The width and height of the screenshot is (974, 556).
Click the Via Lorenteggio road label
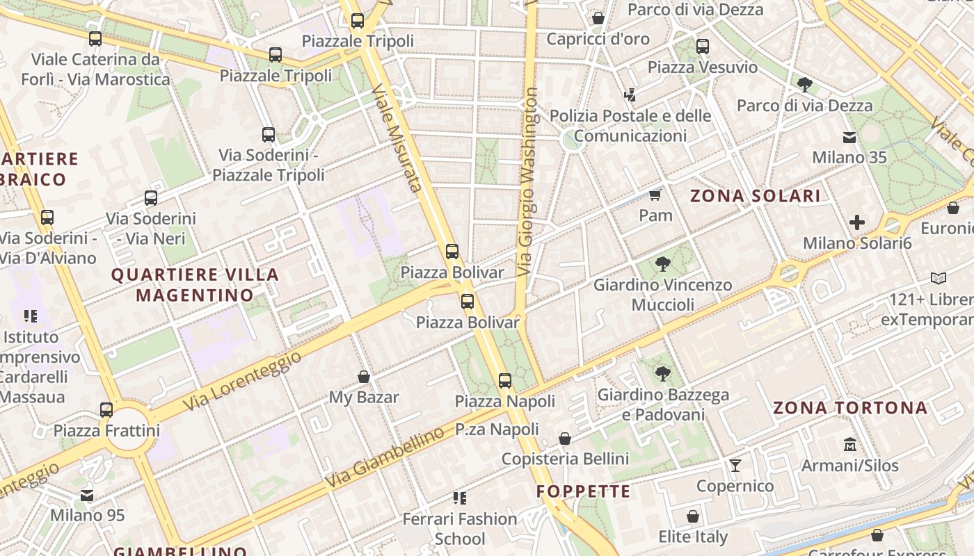click(243, 380)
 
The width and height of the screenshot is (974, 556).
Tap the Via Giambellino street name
click(384, 457)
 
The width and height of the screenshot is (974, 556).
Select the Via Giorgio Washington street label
click(528, 181)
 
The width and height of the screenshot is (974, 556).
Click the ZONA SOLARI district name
click(755, 196)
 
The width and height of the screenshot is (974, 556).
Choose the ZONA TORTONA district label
click(850, 408)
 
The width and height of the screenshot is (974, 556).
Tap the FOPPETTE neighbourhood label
click(583, 492)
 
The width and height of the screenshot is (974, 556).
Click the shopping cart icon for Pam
click(655, 195)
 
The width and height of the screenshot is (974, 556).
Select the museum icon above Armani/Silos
click(849, 444)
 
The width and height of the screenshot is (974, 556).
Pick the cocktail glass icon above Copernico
click(735, 465)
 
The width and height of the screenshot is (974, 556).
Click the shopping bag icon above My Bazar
click(363, 377)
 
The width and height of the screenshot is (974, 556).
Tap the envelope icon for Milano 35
click(849, 137)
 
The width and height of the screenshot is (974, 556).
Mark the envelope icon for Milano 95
click(87, 496)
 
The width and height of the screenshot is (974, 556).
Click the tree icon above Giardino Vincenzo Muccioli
click(662, 264)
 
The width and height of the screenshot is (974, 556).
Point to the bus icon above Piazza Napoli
click(505, 381)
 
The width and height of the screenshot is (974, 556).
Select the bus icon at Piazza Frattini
click(106, 410)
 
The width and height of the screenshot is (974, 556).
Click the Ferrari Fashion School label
click(460, 528)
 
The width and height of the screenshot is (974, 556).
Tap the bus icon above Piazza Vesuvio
click(703, 47)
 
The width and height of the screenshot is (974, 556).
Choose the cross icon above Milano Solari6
click(857, 222)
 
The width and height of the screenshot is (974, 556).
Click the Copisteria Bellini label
click(565, 459)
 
